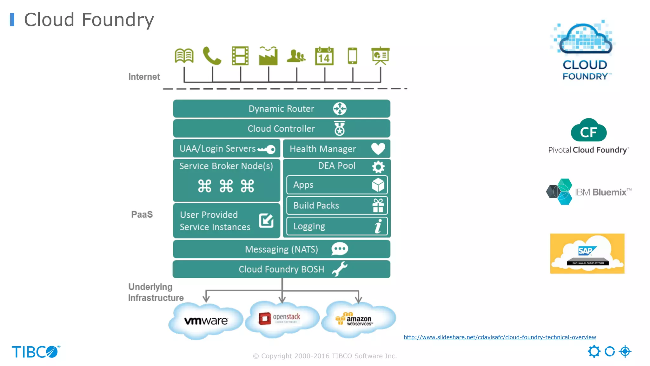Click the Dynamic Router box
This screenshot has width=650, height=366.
281,109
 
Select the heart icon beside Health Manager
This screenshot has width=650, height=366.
378,149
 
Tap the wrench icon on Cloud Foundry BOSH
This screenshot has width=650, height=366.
340,269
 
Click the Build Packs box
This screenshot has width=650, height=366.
337,206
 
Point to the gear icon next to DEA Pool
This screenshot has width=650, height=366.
378,167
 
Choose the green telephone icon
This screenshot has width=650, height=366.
212,56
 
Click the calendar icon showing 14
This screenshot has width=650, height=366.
324,56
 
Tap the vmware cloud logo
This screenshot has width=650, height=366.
206,321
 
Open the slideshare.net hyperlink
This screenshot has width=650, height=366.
500,337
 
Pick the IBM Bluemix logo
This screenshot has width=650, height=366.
589,192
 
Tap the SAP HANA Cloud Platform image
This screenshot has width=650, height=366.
587,254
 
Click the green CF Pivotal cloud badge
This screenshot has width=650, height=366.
589,131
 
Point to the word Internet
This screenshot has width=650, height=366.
144,77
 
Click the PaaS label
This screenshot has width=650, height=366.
142,214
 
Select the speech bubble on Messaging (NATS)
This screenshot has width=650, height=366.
340,249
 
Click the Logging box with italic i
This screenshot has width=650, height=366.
337,226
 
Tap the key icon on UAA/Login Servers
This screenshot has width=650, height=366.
267,149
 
